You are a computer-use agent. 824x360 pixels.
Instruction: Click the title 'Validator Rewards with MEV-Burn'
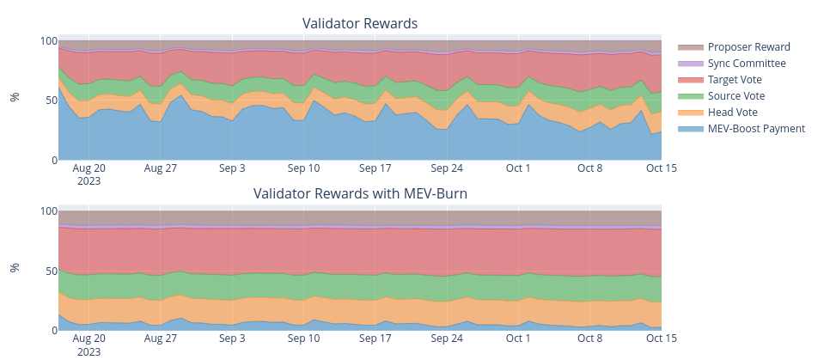coord(360,193)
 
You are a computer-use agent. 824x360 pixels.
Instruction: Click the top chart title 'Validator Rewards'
coord(360,23)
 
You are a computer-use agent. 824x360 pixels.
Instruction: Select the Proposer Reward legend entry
coord(748,47)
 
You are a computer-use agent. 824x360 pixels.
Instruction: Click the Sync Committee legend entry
coord(746,64)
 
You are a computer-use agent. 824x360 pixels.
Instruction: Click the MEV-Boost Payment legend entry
coord(756,129)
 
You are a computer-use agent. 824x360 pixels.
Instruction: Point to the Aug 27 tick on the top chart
coord(161,168)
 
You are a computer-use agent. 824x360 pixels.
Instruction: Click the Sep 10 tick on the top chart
coord(303,168)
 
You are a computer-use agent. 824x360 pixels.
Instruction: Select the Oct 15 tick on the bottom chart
coord(662,339)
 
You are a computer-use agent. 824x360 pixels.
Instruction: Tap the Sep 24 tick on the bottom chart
coord(447,339)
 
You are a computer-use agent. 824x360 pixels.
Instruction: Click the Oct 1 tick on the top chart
coord(518,168)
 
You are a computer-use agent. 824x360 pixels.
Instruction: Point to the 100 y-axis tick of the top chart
coord(50,41)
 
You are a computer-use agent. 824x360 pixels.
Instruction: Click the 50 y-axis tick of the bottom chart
coord(52,271)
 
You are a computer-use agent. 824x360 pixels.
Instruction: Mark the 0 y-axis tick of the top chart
coord(55,160)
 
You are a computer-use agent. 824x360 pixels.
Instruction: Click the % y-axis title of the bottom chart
coord(15,267)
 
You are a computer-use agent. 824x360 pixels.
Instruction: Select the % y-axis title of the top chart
coord(15,97)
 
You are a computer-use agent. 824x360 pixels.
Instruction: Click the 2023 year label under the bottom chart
coord(89,351)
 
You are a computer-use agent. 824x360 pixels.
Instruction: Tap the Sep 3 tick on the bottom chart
coord(232,339)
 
